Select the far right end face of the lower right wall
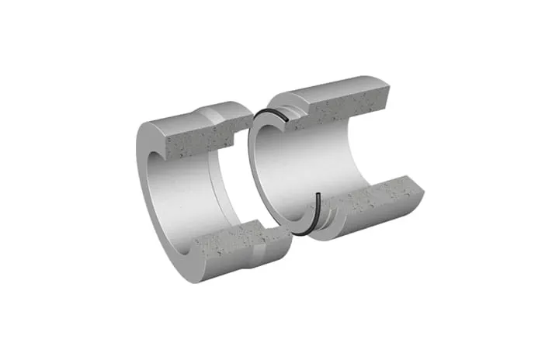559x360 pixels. point(418,190)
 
